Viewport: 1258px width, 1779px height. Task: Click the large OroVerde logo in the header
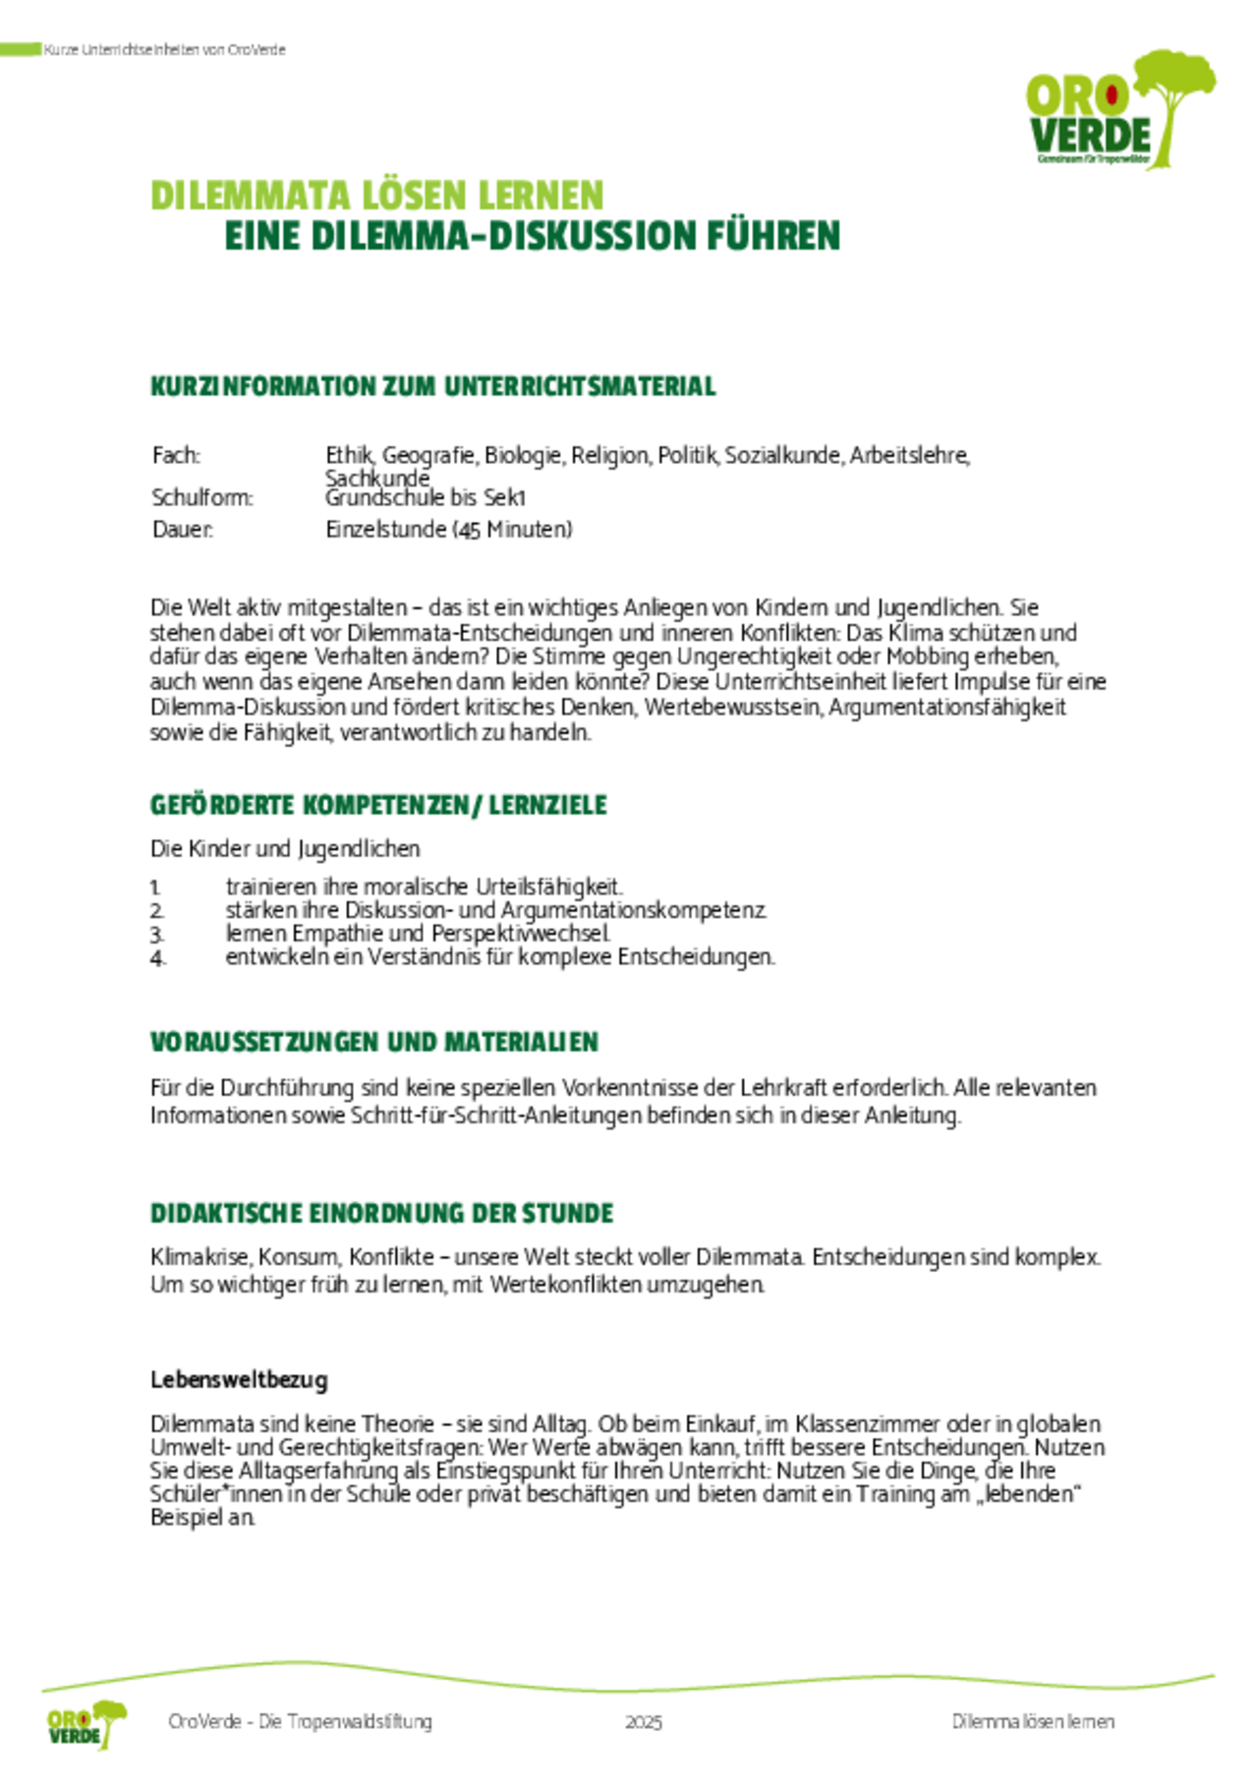click(x=1119, y=111)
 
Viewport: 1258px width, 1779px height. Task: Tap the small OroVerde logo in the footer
click(x=86, y=1724)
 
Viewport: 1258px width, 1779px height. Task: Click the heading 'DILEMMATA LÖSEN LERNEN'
click(x=376, y=196)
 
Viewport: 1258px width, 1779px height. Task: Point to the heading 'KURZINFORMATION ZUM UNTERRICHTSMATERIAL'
click(x=432, y=386)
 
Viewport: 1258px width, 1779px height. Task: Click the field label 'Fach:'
click(x=176, y=455)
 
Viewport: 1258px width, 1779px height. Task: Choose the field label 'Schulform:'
click(x=201, y=497)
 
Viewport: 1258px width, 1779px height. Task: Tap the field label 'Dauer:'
click(x=182, y=529)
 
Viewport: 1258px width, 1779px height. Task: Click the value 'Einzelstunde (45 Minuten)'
click(x=448, y=529)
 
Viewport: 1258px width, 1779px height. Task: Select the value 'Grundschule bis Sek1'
click(x=426, y=497)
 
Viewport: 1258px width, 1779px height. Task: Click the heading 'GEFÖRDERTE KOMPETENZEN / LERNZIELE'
click(x=378, y=805)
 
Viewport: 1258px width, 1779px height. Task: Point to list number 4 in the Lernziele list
click(x=157, y=957)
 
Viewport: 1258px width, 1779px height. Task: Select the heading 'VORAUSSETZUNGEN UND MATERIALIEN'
click(x=373, y=1042)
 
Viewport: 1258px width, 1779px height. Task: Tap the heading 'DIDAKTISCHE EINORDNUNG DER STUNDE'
click(x=381, y=1213)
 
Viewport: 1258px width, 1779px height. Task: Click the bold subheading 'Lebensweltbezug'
click(x=239, y=1379)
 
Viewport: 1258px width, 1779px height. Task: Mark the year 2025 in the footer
click(x=644, y=1722)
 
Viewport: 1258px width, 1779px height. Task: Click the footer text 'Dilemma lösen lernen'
click(x=1033, y=1722)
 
